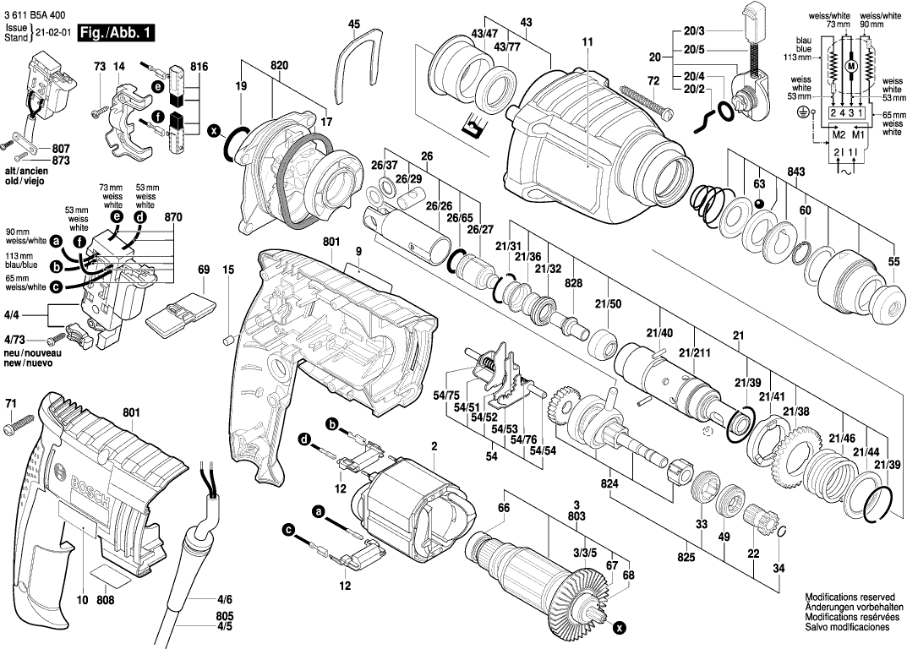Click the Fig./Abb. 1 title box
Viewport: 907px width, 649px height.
(116, 33)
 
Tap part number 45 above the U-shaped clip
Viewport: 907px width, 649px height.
(353, 24)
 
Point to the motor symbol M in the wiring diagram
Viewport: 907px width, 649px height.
(851, 66)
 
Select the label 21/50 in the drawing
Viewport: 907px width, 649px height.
(608, 303)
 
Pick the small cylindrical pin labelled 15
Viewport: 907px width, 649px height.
(227, 341)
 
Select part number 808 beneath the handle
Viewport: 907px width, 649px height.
(105, 601)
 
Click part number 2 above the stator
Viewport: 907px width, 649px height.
(433, 446)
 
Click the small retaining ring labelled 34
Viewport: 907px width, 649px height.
(782, 531)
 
